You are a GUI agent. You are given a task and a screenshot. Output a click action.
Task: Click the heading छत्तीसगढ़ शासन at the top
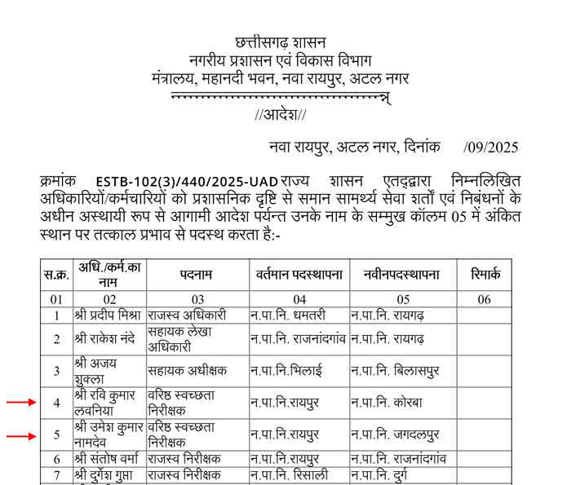point(280,42)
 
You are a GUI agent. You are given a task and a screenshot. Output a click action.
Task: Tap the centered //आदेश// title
point(280,114)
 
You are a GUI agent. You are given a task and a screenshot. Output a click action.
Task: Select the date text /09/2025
point(490,148)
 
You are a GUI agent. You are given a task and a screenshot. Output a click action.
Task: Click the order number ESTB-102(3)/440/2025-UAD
point(186,181)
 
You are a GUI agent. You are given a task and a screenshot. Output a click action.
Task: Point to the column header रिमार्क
point(484,275)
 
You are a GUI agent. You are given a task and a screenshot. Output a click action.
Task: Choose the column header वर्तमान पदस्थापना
point(299,275)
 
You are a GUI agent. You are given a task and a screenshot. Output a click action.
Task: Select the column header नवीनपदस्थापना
point(401,275)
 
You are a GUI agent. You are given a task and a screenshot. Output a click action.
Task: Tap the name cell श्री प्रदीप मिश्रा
point(108,315)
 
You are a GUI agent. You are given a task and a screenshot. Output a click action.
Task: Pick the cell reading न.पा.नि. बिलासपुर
point(395,370)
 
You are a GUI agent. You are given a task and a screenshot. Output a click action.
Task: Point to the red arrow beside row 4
point(21,402)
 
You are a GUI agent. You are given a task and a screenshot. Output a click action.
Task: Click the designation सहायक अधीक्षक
point(187,370)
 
